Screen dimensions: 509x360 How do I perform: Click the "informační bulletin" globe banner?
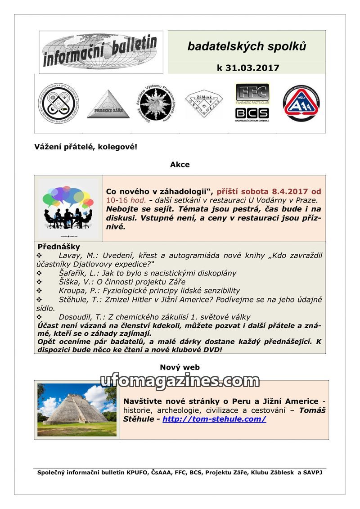point(101,52)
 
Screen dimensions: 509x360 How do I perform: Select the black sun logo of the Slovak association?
point(154,103)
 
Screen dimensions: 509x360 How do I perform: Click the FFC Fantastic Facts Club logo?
point(252,94)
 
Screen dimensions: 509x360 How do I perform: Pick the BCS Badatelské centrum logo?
point(252,113)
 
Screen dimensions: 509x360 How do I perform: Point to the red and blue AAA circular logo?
point(301,104)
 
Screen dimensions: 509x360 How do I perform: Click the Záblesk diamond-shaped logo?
point(204,104)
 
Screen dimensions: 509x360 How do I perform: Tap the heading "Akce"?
point(180,165)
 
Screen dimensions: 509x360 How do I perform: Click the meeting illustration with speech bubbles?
point(68,208)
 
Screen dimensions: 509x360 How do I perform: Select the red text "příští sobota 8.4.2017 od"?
point(269,191)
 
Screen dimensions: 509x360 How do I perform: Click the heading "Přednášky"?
point(59,247)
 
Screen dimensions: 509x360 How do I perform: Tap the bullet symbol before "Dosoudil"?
point(39,317)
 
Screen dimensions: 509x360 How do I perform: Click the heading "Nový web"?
point(180,368)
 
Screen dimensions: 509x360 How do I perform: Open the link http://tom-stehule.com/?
point(214,419)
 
